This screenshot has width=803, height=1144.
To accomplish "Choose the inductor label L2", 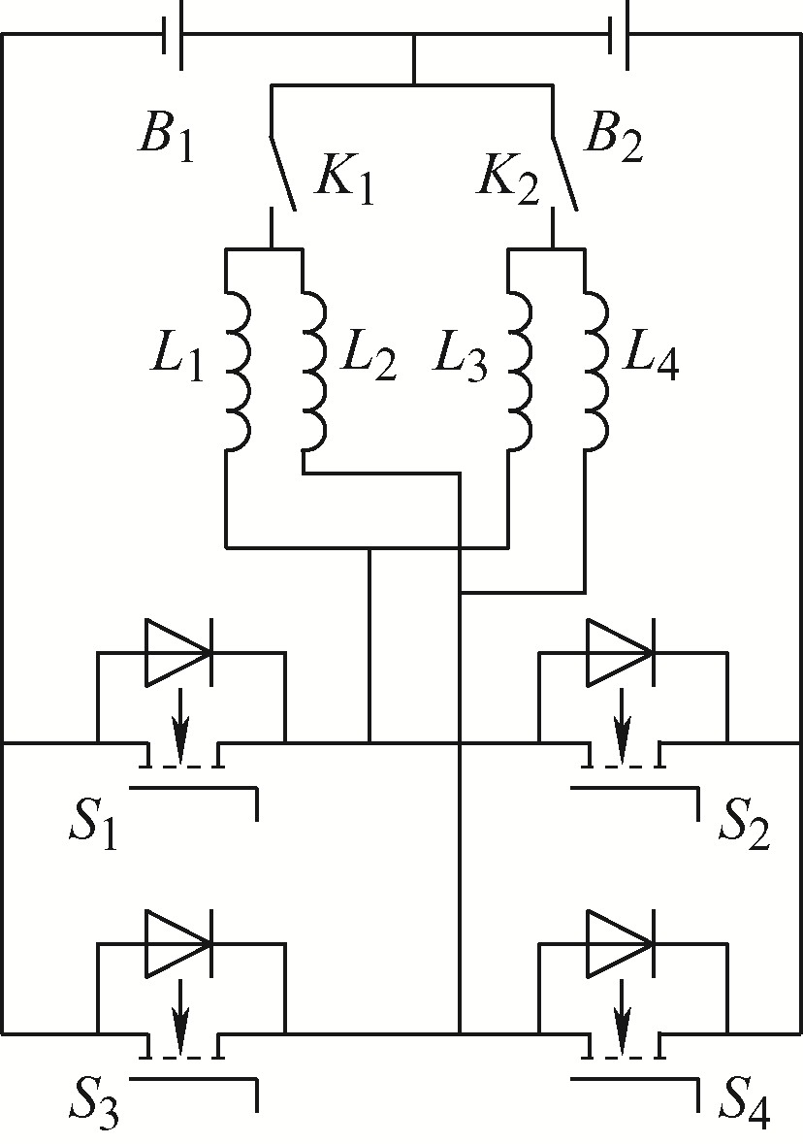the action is [369, 357].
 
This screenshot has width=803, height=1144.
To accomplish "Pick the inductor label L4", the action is [651, 357].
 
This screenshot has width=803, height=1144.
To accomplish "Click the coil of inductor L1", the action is [240, 372].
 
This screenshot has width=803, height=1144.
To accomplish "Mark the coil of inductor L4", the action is [595, 372].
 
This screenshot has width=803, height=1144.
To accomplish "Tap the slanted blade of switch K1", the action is [283, 173].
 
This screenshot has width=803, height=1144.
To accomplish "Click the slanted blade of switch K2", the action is [564, 173].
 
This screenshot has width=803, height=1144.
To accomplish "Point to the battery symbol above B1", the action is [172, 34].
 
